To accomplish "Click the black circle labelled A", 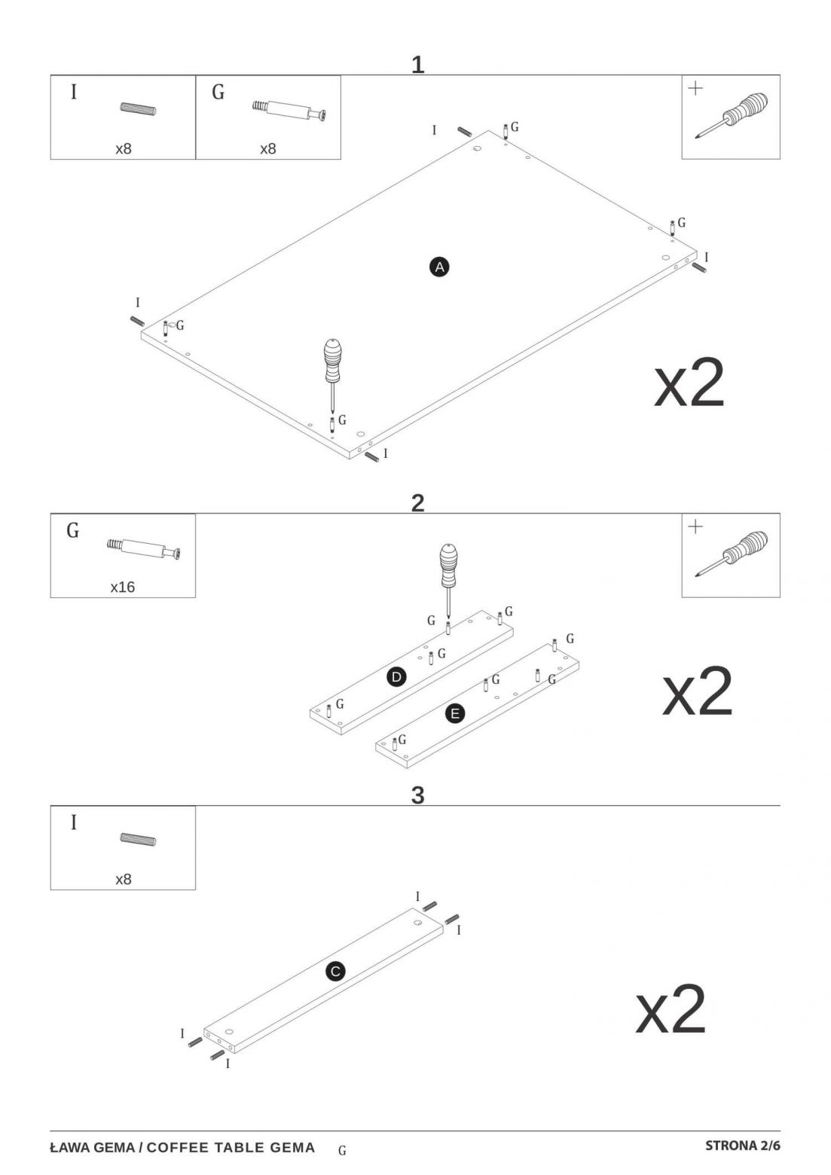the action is pos(439,267).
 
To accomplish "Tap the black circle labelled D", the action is pos(396,677).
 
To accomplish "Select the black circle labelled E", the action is pos(454,713).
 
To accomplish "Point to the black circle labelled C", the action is pos(335,971).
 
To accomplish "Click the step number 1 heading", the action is pos(417,65).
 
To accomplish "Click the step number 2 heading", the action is pos(417,503).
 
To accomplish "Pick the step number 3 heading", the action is pos(417,795).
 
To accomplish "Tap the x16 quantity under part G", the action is pos(123,587).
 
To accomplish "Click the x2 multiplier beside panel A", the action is pos(689,383).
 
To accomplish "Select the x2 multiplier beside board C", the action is pos(671,1009).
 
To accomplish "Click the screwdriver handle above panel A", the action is pos(332,361).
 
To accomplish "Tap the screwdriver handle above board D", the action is pos(448,566).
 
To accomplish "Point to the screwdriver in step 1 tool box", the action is pos(732,115).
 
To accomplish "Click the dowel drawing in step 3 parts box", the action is pos(139,839).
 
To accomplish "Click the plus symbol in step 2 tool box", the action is pos(695,526).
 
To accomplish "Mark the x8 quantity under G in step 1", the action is pos(268,149).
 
